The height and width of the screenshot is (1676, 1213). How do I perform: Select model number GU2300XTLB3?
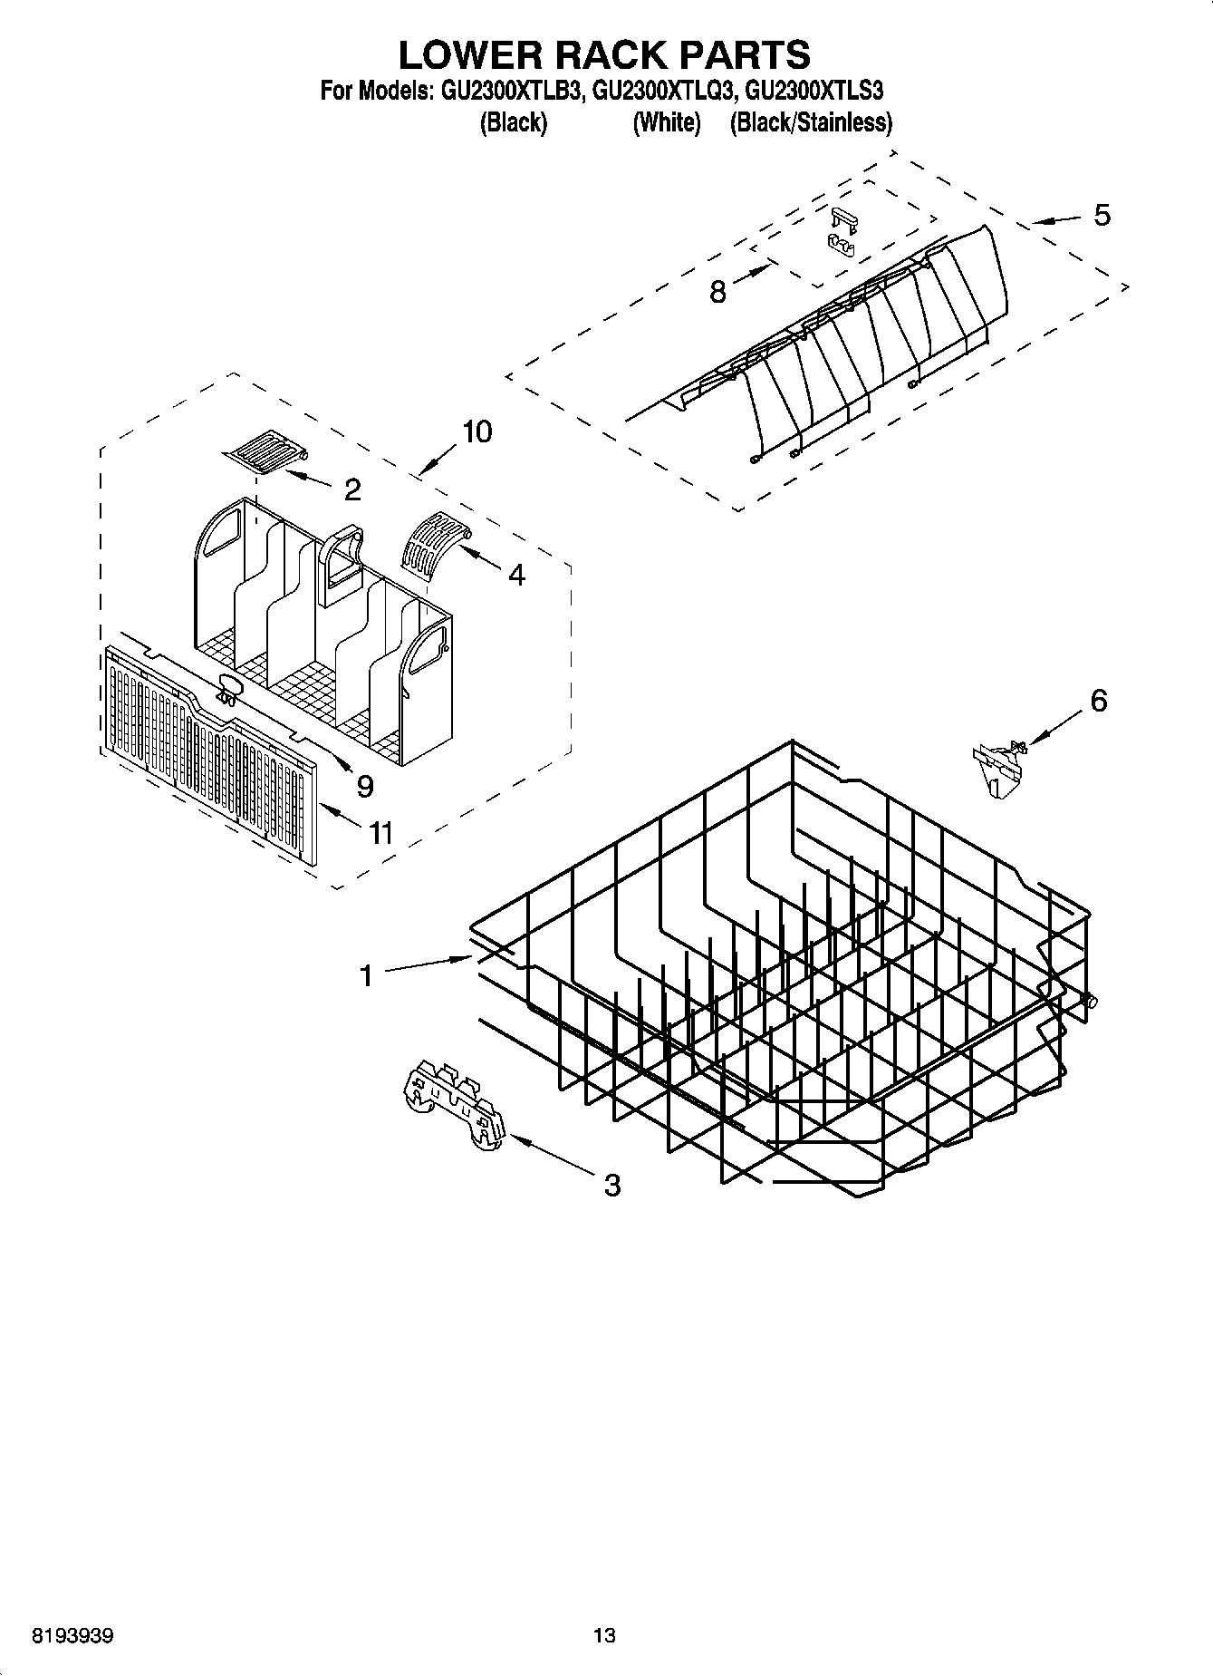coord(510,91)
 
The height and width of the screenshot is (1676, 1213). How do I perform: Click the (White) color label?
coord(667,122)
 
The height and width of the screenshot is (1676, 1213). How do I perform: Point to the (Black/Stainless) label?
coord(811,122)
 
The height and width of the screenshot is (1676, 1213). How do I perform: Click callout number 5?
coord(1102,216)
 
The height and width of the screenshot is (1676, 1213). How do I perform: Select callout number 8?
coord(717,291)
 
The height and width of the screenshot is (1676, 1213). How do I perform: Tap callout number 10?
coord(477,431)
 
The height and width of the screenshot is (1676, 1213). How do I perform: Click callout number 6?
coord(1098,701)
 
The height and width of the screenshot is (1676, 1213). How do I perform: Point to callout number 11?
coord(380,832)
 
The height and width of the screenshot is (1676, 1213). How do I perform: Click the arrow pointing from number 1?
coord(426,965)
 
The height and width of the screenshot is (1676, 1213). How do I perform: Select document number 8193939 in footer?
coord(72,1636)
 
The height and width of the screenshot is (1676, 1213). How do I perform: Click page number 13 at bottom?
coord(604,1636)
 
